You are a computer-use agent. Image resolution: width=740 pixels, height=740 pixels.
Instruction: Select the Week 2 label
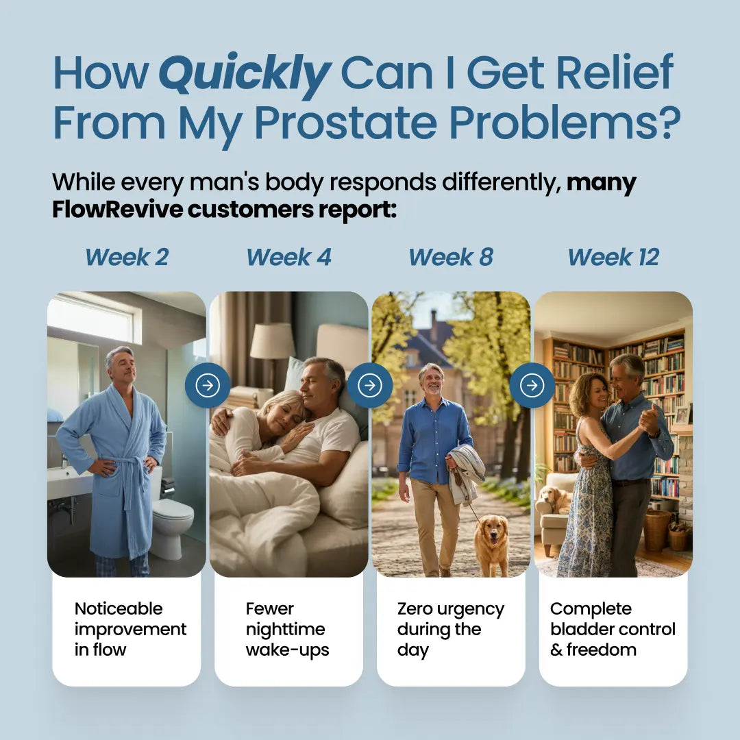point(127,257)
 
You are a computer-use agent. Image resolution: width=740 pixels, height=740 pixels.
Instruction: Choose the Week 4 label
point(288,257)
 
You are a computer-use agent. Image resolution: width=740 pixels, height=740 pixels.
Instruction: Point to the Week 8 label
point(450,257)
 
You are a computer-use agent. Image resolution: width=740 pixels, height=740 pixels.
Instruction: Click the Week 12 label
point(613,257)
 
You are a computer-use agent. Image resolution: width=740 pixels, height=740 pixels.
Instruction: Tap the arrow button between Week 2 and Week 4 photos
point(208,385)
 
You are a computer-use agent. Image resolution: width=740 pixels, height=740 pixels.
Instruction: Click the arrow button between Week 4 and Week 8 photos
point(370,385)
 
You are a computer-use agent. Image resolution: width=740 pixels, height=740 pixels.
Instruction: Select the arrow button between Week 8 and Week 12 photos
point(532,385)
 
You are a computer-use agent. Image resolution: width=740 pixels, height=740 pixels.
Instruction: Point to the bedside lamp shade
point(272,341)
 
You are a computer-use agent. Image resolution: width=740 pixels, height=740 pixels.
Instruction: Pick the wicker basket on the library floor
point(657,530)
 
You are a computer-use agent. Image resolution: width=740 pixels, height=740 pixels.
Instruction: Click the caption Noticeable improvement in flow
point(130,629)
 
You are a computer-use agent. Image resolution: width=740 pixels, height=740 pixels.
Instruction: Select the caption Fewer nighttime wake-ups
point(287,629)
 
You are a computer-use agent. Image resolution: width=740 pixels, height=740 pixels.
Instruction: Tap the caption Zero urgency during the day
point(450,629)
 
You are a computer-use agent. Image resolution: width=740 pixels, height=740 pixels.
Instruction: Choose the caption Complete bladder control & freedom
point(613,629)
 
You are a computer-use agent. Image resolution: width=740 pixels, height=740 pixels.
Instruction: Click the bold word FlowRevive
point(117,210)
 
